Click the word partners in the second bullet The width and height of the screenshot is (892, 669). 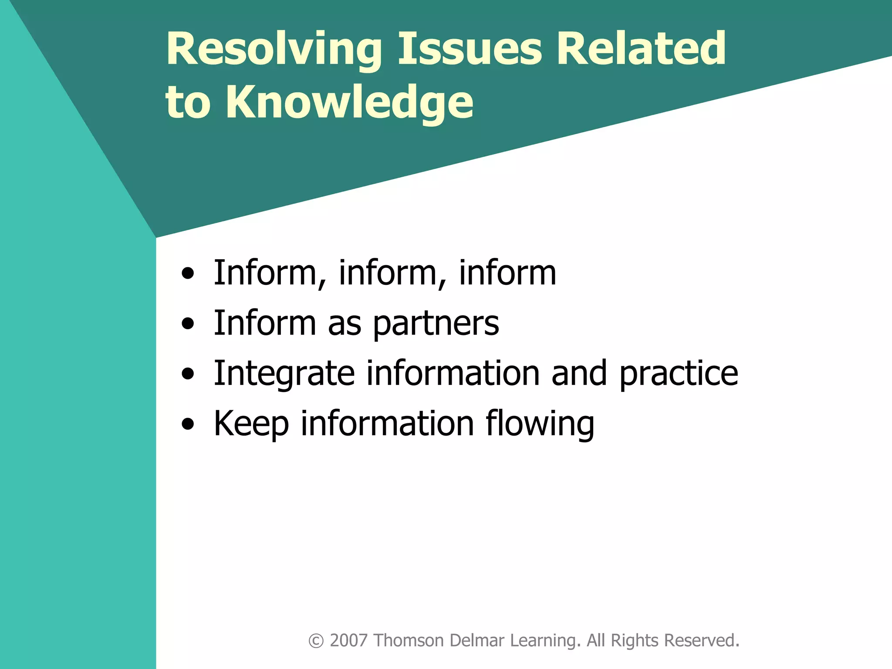[x=436, y=324]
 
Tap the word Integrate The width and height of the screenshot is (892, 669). [x=284, y=374]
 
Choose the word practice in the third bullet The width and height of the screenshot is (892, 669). [x=679, y=374]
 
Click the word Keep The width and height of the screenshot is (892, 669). [x=251, y=424]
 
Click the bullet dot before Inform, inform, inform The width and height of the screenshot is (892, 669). [x=188, y=274]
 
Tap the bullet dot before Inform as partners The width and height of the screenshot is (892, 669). [x=188, y=324]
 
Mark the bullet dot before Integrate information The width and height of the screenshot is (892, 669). [x=188, y=375]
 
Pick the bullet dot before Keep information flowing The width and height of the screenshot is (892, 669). [x=188, y=424]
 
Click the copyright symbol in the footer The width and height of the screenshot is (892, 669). [x=316, y=641]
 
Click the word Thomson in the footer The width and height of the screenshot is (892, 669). [x=409, y=641]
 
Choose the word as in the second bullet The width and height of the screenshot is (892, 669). [x=344, y=325]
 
